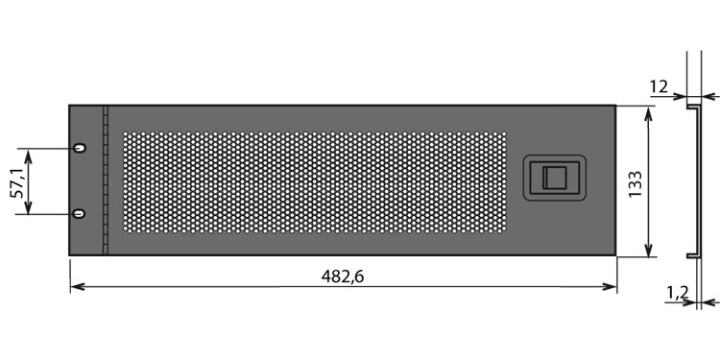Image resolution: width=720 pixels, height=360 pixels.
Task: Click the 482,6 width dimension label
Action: click(342, 276)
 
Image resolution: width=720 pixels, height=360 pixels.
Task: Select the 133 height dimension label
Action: click(636, 184)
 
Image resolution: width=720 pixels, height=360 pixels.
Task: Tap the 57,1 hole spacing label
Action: click(17, 182)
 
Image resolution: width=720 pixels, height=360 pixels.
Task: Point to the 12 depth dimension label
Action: click(659, 86)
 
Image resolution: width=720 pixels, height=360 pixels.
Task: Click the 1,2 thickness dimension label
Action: click(677, 292)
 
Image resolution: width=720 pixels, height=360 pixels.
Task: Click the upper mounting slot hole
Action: click(80, 148)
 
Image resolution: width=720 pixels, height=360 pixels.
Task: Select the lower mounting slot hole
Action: click(80, 213)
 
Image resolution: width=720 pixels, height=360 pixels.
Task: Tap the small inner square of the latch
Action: click(554, 178)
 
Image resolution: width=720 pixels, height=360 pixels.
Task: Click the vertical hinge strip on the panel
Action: click(106, 180)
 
